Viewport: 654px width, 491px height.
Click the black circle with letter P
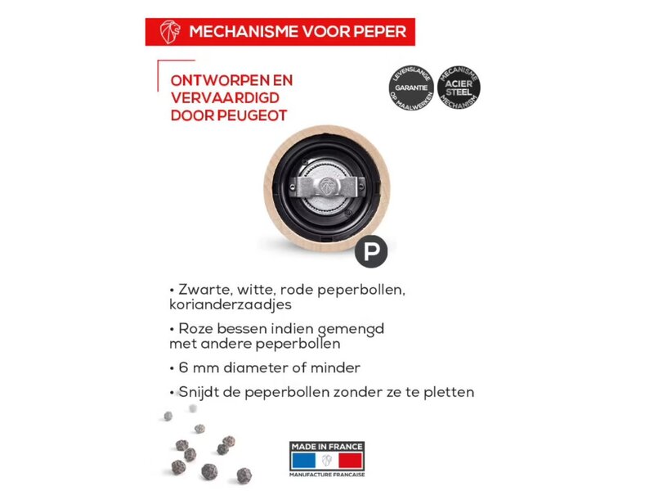click(371, 250)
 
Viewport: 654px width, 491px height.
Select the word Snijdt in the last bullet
click(197, 392)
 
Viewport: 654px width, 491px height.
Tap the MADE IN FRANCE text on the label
click(327, 445)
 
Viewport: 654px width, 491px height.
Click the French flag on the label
click(327, 459)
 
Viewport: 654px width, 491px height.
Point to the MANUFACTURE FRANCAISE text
click(327, 474)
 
